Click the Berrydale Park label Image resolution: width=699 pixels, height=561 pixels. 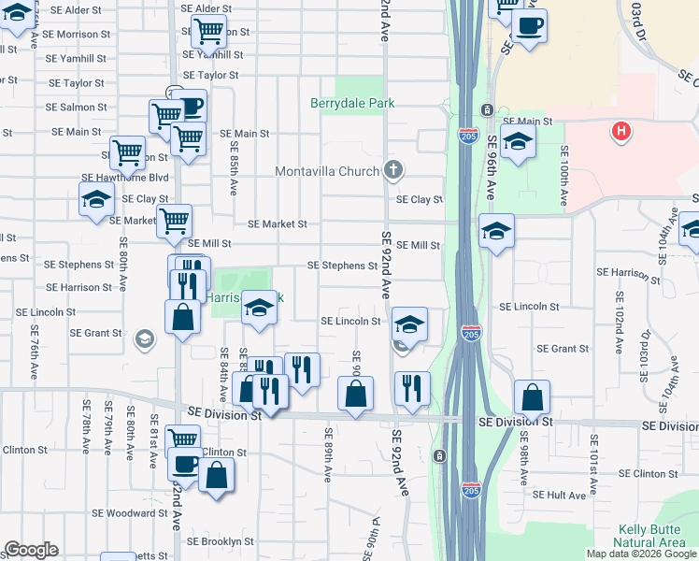[x=352, y=104]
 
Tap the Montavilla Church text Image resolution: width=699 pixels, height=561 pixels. [x=327, y=171]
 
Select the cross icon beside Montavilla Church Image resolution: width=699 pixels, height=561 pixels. [x=393, y=170]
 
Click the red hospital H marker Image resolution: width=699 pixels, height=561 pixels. [x=620, y=132]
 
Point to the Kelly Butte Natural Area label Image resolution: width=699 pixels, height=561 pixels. [x=651, y=536]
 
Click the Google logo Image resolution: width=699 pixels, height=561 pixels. [x=31, y=550]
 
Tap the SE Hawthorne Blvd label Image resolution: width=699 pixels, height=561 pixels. [x=124, y=177]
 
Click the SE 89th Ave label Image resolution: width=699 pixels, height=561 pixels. [x=327, y=454]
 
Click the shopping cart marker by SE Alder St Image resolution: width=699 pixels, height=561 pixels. [x=207, y=33]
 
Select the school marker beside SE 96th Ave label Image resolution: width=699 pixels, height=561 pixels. [x=517, y=144]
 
